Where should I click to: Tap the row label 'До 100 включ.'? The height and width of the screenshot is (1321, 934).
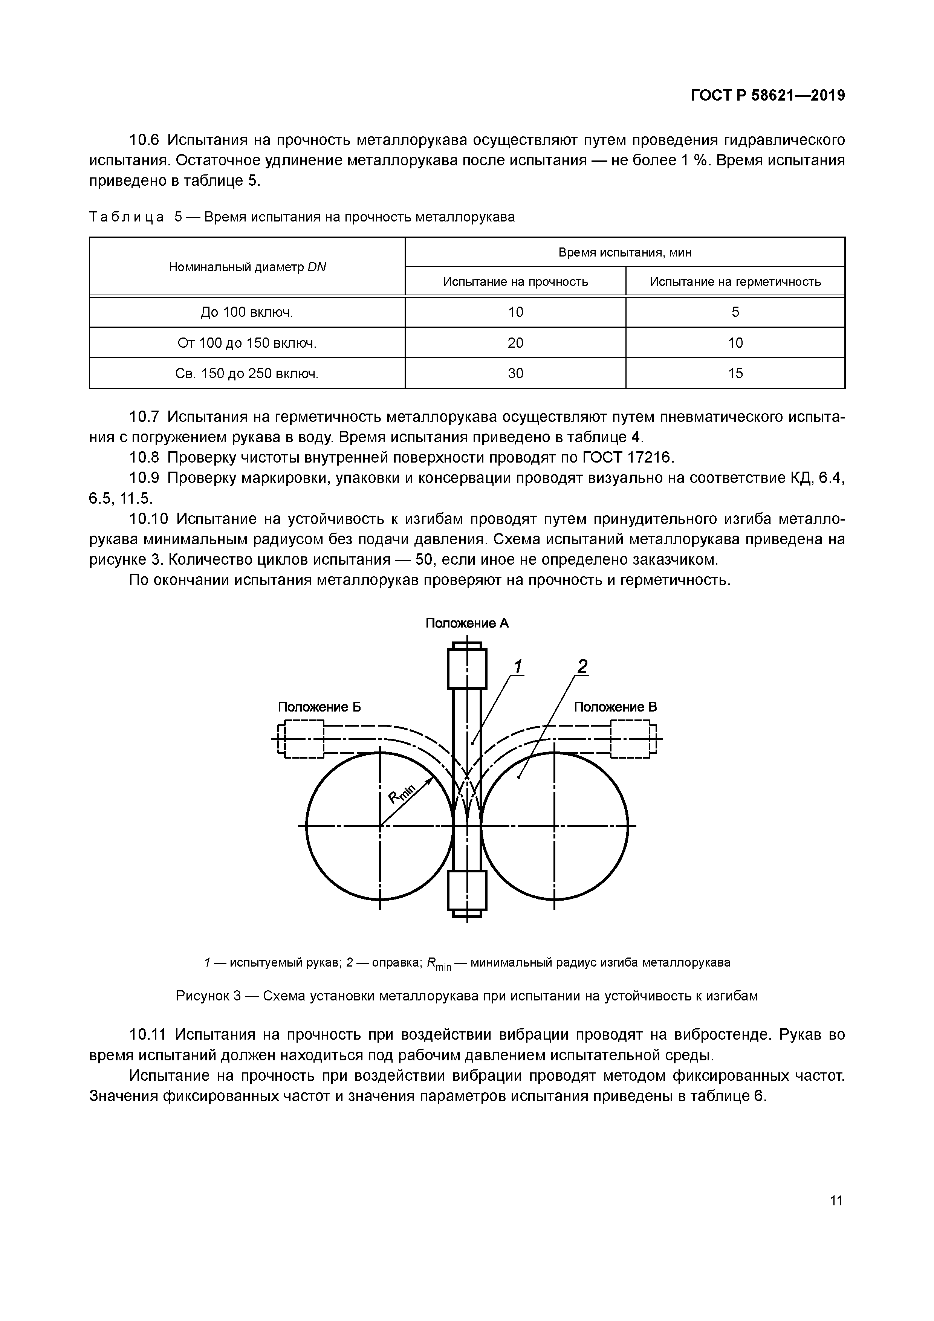pos(246,312)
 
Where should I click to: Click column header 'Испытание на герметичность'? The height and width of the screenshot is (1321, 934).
pos(735,281)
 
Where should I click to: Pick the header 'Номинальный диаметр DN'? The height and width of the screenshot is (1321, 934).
pos(247,267)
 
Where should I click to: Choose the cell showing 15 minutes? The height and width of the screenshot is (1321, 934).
pos(735,373)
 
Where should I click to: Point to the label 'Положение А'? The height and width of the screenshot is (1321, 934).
pos(467,623)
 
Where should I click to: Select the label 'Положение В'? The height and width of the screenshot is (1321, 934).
pos(615,707)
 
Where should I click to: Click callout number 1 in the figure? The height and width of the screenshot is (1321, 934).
pos(517,667)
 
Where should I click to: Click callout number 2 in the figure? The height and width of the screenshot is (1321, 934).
pos(582,666)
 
